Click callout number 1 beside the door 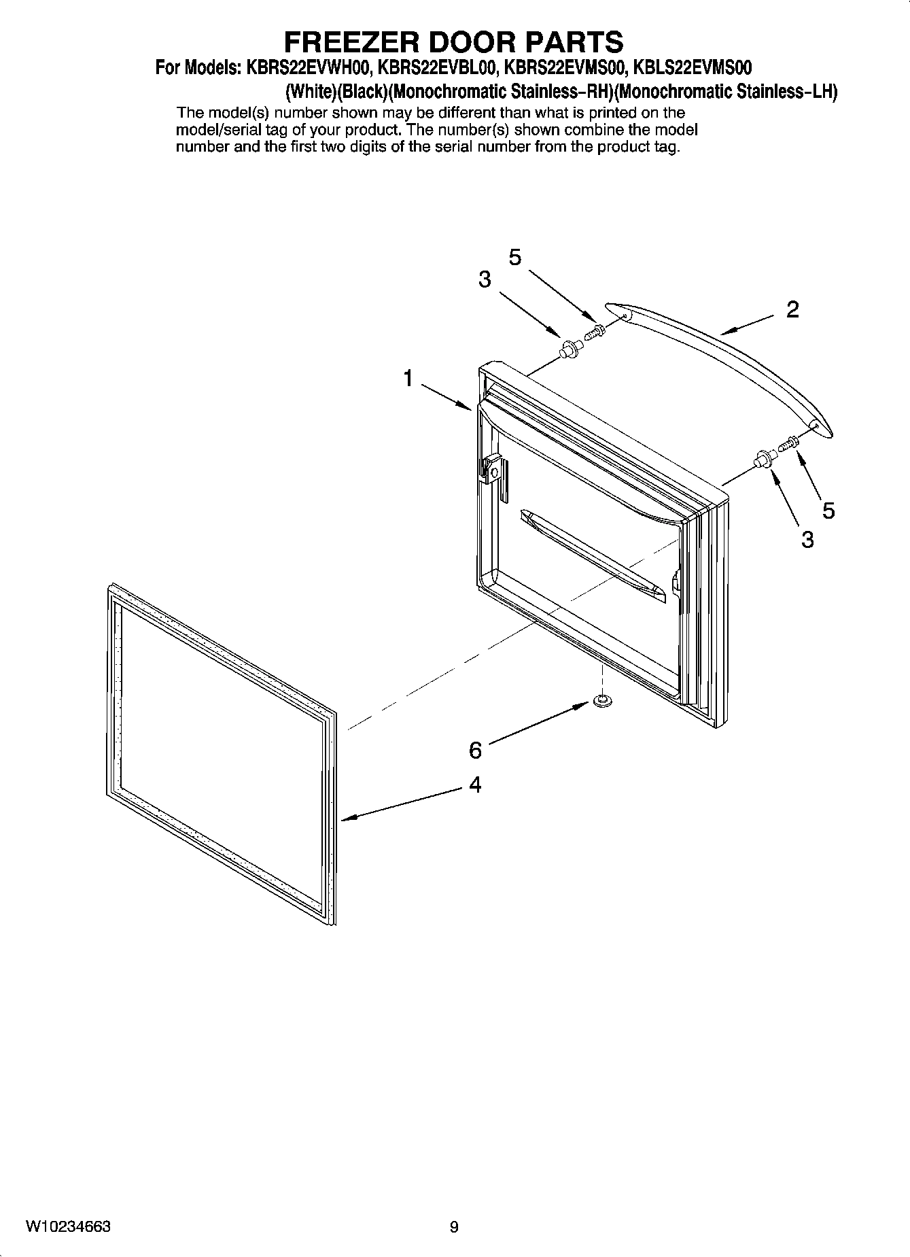(x=408, y=378)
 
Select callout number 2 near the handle (x=792, y=310)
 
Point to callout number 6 (x=475, y=751)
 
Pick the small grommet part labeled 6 (x=600, y=700)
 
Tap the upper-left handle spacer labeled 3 (x=569, y=351)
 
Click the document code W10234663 (x=68, y=1226)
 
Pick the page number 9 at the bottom (x=454, y=1227)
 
